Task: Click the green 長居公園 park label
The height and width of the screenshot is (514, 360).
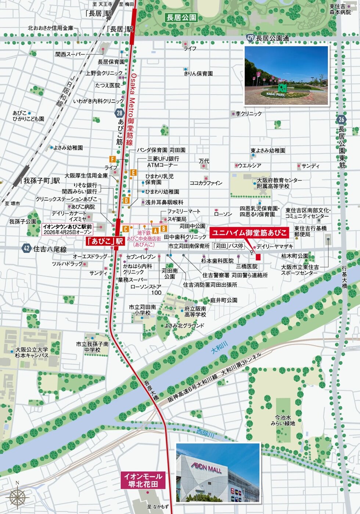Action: [181, 18]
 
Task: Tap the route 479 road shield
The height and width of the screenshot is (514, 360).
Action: [251, 38]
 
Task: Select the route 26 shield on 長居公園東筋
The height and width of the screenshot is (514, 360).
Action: [341, 119]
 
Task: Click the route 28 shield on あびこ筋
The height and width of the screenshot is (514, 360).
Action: [119, 114]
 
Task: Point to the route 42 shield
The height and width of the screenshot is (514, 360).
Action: [26, 249]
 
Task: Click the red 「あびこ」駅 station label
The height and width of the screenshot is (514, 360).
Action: [105, 242]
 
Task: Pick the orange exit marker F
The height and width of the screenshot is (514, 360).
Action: [112, 159]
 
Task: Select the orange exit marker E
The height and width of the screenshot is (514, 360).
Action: [133, 172]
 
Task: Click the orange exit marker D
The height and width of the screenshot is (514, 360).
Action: [126, 200]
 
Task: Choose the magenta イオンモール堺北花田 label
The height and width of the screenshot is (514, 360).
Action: [143, 480]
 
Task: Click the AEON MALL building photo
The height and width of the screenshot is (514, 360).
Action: [218, 472]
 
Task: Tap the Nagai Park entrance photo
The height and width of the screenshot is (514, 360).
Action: [286, 75]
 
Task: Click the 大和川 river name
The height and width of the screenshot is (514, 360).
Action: [219, 347]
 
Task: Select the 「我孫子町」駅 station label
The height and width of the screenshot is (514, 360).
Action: [41, 181]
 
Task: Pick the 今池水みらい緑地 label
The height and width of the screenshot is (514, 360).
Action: [283, 421]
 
